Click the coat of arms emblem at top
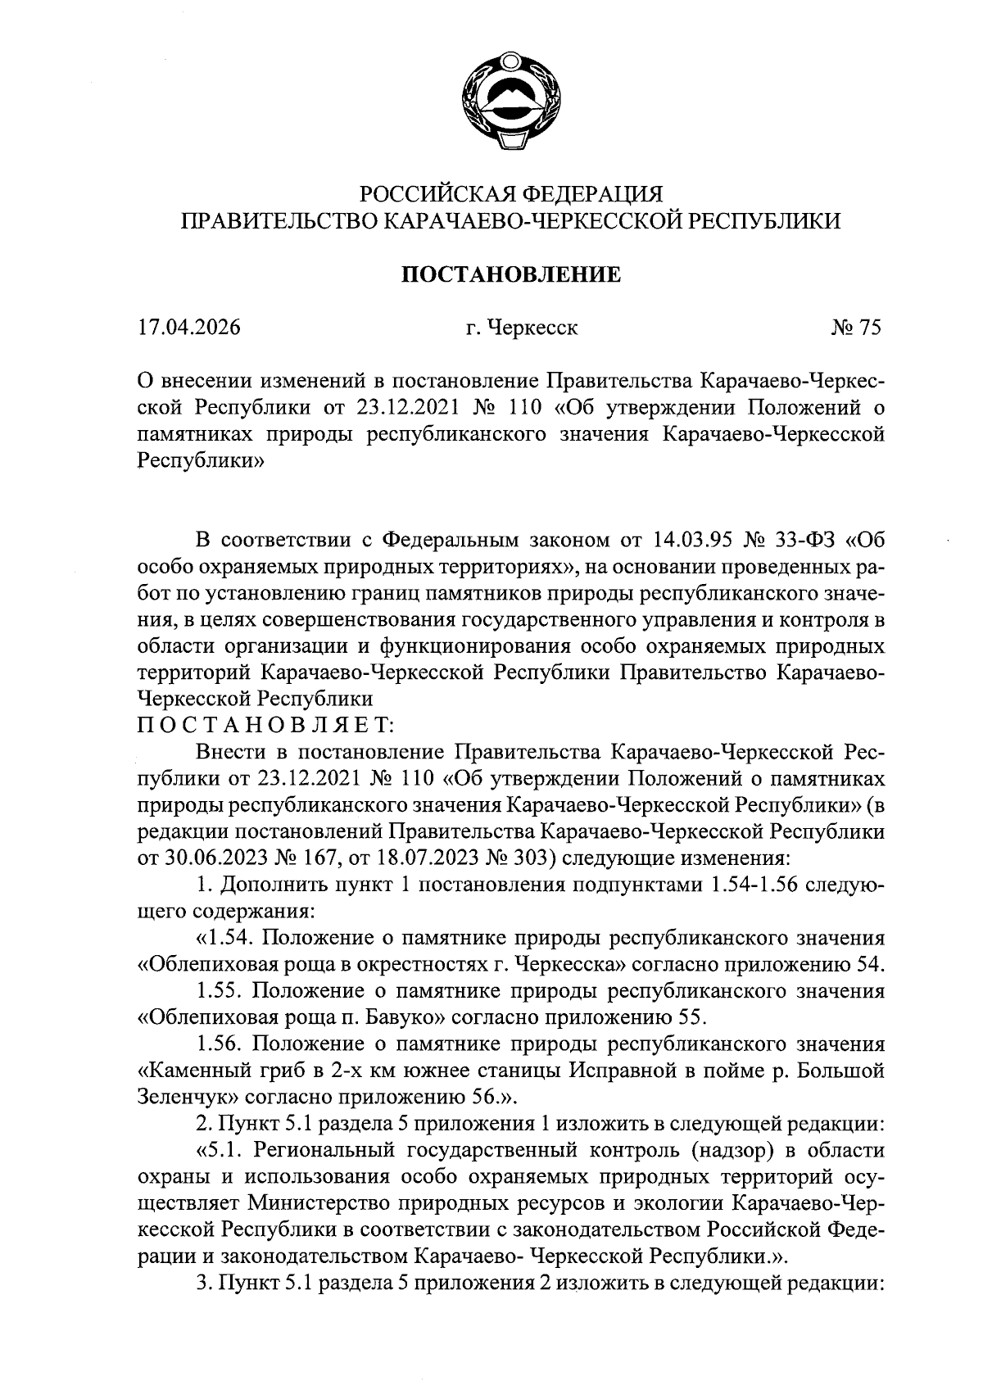pos(510,102)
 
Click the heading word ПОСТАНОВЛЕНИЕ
pos(510,274)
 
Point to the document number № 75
pos(855,328)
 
